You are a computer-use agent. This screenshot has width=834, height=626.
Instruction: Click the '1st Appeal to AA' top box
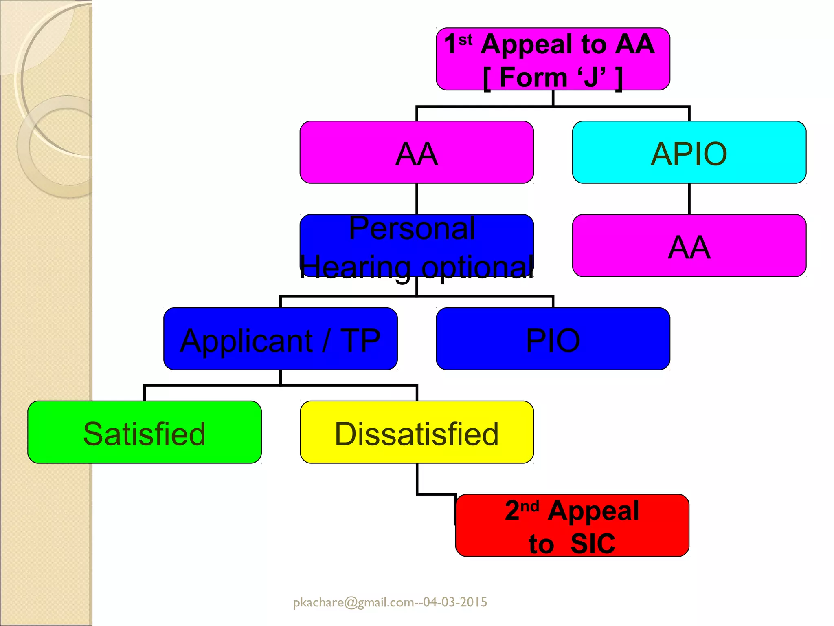click(553, 59)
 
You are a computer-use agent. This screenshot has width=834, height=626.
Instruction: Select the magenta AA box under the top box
click(417, 152)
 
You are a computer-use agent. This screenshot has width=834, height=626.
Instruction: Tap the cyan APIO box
click(689, 152)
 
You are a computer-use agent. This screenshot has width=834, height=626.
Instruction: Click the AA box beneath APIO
click(689, 246)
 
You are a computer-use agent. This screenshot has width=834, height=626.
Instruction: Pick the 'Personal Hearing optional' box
click(417, 246)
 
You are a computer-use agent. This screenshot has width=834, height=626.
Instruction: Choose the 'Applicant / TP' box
click(280, 339)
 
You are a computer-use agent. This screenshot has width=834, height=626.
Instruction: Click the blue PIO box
click(553, 339)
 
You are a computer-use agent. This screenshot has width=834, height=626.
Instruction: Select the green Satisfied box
click(145, 432)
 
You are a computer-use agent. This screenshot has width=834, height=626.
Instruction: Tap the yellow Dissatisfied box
click(417, 432)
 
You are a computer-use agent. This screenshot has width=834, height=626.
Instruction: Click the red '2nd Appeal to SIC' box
click(572, 526)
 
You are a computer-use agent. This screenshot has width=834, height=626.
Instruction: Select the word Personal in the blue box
click(412, 229)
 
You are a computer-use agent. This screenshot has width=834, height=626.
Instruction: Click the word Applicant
click(246, 341)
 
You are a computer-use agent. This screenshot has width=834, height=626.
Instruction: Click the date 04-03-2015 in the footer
click(455, 602)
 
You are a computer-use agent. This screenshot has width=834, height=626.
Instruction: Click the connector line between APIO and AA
click(689, 199)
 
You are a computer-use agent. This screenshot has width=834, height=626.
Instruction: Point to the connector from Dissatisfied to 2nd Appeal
click(417, 481)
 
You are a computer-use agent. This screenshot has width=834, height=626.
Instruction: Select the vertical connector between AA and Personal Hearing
click(417, 199)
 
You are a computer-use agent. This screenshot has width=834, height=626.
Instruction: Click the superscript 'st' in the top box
click(465, 40)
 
